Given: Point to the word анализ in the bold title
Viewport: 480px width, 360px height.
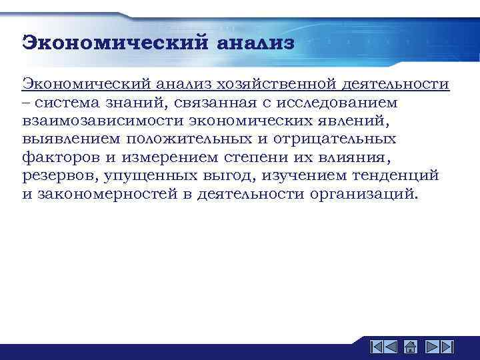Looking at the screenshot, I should click(x=255, y=43).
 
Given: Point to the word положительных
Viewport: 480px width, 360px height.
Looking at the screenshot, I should click(x=202, y=139).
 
